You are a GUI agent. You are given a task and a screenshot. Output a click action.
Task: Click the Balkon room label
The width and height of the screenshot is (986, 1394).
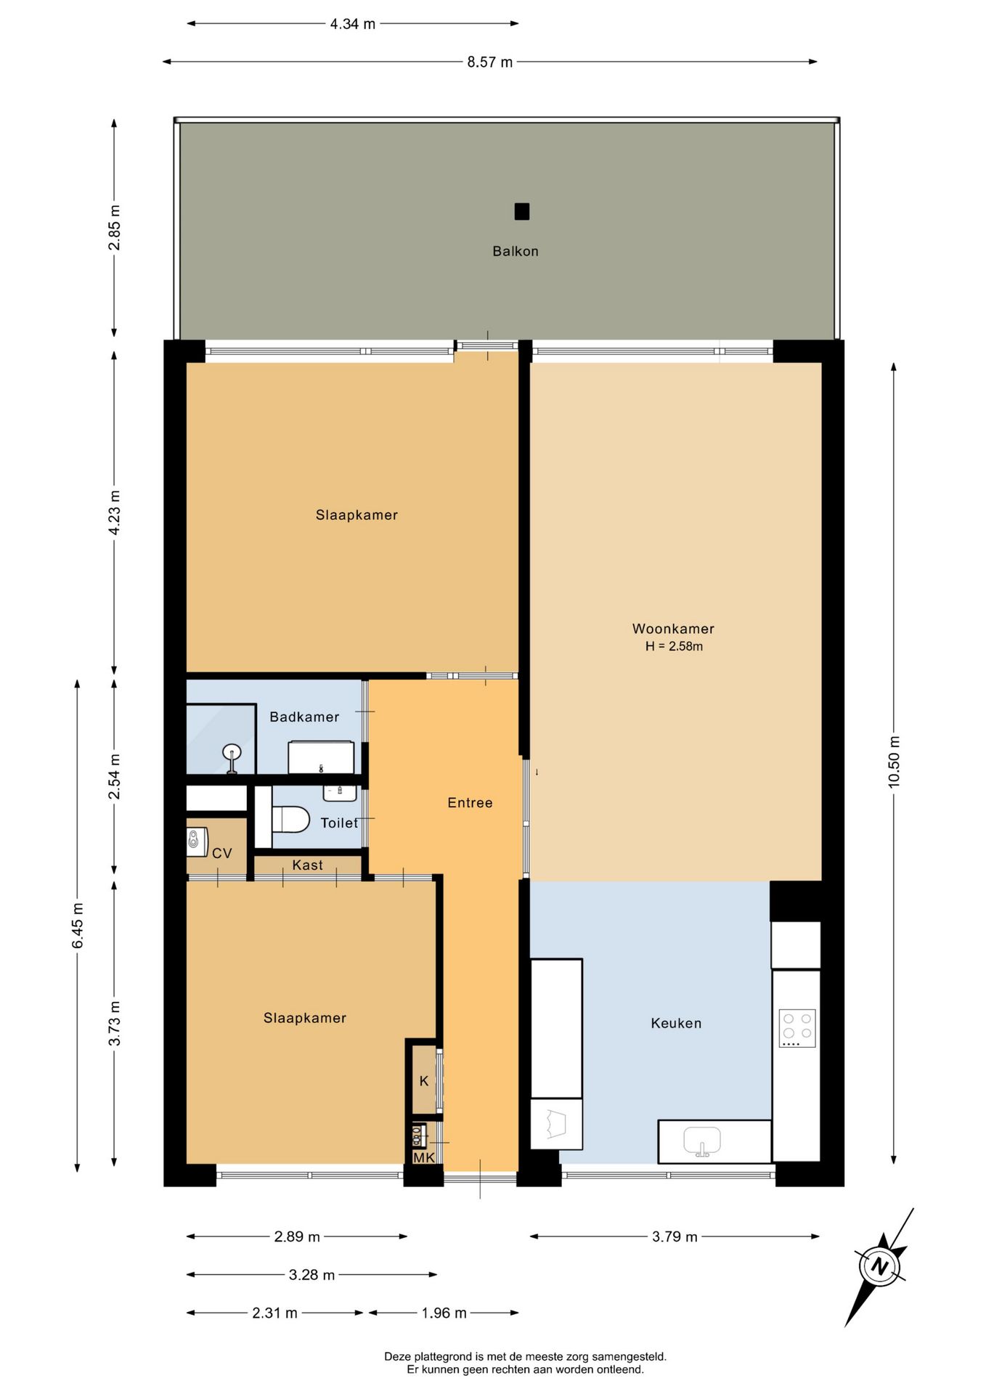point(516,251)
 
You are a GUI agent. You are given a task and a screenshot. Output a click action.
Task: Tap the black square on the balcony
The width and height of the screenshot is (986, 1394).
point(522,211)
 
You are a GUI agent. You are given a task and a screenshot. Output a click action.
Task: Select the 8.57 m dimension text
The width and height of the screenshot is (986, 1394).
point(490,62)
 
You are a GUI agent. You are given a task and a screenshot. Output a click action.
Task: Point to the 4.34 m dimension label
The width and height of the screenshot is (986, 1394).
point(353,24)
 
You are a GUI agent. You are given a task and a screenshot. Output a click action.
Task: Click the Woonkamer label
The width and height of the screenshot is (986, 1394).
point(673,629)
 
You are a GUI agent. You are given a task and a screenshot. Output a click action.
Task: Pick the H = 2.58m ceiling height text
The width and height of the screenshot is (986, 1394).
point(674,646)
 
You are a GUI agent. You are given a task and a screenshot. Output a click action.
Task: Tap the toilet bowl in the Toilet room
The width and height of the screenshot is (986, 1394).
point(290,820)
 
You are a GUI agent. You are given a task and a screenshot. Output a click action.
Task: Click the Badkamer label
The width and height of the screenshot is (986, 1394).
point(304,717)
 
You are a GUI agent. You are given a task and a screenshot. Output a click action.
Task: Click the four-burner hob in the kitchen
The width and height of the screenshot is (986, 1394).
point(797,1028)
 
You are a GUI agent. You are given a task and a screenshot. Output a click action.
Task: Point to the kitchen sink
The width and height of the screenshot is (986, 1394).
point(702,1141)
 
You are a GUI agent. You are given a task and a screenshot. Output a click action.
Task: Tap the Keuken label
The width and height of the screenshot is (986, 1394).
point(676,1024)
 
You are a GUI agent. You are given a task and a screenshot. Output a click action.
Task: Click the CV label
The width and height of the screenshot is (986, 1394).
point(222,854)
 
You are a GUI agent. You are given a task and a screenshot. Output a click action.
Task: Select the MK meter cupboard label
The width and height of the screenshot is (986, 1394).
point(424,1157)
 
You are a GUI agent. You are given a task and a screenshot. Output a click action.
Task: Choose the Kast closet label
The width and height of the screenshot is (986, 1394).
point(307,865)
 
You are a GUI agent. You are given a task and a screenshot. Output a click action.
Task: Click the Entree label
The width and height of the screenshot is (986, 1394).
point(470,803)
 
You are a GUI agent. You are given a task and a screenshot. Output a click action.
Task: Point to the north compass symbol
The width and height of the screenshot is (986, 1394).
point(879,1268)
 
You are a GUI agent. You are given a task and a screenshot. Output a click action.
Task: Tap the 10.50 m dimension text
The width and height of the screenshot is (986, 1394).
point(894,762)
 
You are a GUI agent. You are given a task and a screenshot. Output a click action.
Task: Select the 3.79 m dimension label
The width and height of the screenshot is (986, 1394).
point(675,1237)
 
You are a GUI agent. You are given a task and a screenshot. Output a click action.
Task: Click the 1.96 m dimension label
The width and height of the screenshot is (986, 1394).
point(444,1313)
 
